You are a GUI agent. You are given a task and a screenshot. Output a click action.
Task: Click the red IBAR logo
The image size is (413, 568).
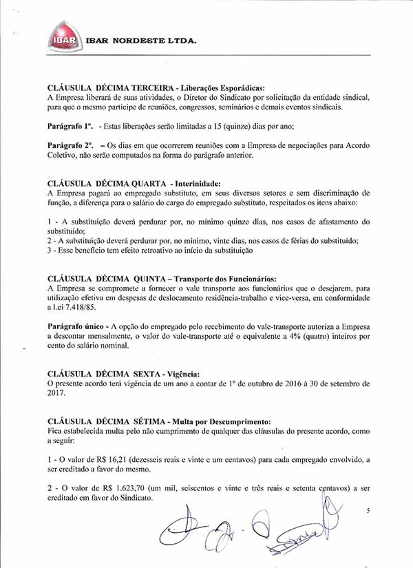(63, 39)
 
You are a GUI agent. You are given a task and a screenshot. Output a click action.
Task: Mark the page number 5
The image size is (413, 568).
(368, 510)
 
